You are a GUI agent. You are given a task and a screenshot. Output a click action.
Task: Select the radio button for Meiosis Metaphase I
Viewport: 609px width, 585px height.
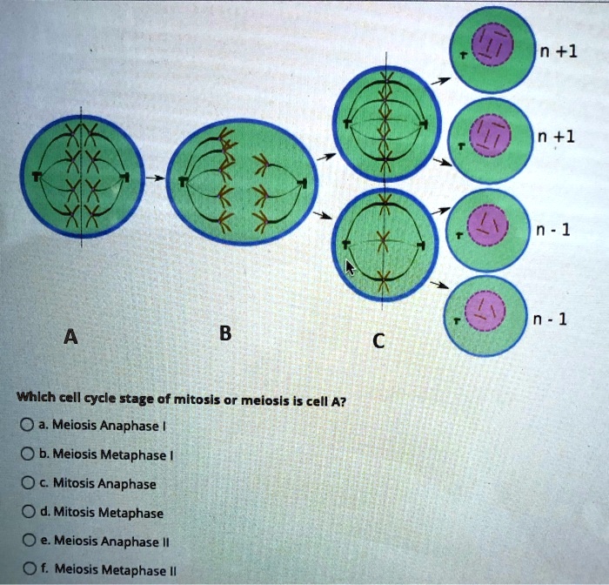click(x=28, y=454)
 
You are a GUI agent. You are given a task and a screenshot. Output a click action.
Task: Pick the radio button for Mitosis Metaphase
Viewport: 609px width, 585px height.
click(x=28, y=512)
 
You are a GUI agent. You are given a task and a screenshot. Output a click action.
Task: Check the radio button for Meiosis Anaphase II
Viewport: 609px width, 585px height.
click(x=28, y=541)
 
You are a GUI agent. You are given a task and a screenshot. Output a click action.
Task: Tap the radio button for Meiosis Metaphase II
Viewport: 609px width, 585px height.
click(x=28, y=570)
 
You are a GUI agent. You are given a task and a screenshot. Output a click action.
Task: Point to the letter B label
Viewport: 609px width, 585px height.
click(x=225, y=332)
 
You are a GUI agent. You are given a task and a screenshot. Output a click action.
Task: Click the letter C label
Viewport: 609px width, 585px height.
click(x=377, y=340)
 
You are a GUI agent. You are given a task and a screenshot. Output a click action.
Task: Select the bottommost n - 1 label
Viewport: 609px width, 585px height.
click(x=559, y=318)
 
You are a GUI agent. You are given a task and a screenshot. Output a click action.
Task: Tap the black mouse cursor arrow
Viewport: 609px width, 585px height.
click(x=350, y=266)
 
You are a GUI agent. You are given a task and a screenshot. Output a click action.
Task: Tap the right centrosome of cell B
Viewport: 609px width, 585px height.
click(x=303, y=182)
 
